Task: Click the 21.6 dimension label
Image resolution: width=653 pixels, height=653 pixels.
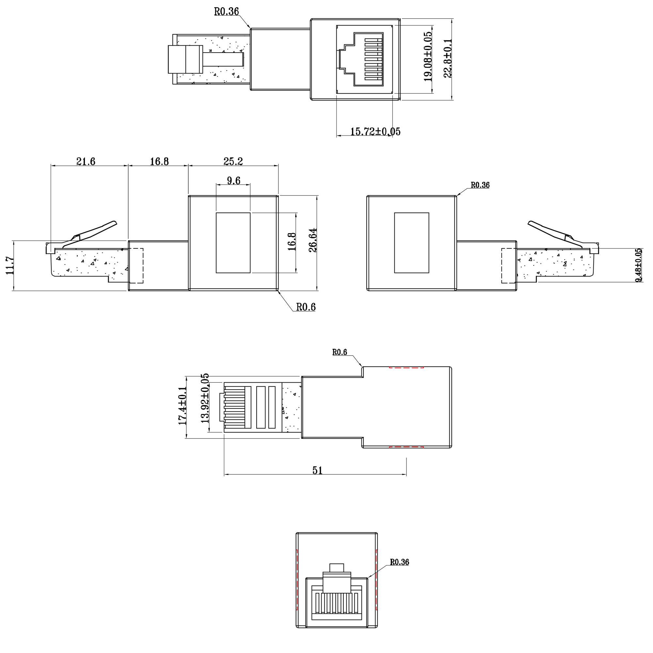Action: click(x=86, y=162)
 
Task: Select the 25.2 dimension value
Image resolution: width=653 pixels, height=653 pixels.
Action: click(x=233, y=162)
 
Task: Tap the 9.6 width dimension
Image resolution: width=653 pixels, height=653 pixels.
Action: click(x=233, y=181)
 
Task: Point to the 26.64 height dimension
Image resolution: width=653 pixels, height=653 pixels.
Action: click(x=313, y=240)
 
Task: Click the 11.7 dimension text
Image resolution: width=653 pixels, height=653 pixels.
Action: click(x=10, y=266)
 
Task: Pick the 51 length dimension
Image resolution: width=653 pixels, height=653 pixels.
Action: click(x=317, y=470)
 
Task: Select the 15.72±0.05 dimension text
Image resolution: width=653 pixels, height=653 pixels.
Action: click(x=375, y=132)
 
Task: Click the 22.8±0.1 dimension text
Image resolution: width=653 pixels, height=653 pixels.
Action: click(x=448, y=58)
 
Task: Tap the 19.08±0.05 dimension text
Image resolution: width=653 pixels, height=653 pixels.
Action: click(x=428, y=56)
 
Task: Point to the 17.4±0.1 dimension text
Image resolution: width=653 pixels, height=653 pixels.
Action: click(x=183, y=406)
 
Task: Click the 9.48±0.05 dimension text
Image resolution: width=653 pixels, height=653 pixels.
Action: click(x=638, y=266)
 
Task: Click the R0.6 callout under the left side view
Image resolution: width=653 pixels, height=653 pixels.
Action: click(x=306, y=307)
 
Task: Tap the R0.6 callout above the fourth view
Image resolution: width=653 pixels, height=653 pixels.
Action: click(x=340, y=353)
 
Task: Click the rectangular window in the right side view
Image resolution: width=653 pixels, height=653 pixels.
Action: click(x=411, y=243)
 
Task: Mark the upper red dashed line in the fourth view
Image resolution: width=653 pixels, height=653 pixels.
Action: click(x=406, y=367)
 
